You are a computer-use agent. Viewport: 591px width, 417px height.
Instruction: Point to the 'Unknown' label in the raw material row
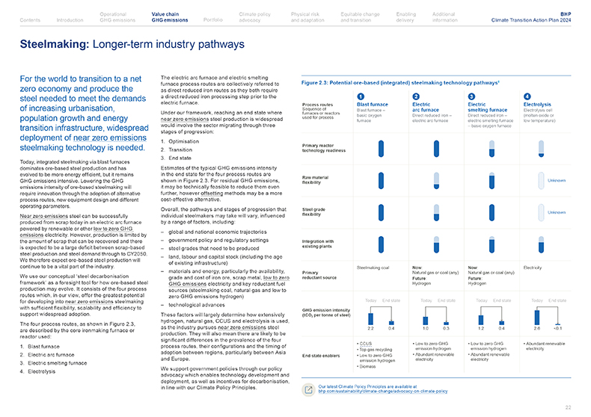pyautogui.click(x=557, y=181)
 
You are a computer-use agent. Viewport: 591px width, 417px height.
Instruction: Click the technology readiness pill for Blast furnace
pyautogui.click(x=382, y=149)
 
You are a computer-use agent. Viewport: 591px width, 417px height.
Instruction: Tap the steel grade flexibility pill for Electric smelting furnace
pyautogui.click(x=492, y=212)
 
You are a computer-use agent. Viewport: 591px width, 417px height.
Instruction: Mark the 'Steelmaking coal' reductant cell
pyautogui.click(x=373, y=267)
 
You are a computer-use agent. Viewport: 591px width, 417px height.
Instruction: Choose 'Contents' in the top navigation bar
pyautogui.click(x=31, y=19)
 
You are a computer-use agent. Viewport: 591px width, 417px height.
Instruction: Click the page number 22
pyautogui.click(x=568, y=407)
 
